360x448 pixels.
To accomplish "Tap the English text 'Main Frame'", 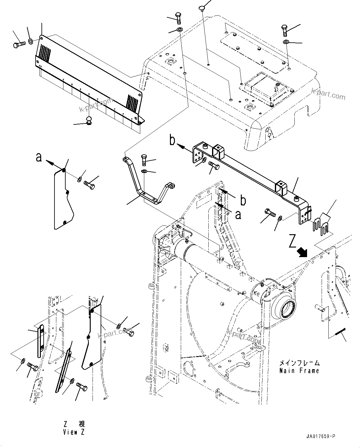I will tap(299, 370).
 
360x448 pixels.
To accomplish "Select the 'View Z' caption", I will tap(73, 432).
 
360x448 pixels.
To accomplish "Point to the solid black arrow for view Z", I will tap(302, 252).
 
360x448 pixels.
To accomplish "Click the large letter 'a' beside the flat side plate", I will tap(38, 157).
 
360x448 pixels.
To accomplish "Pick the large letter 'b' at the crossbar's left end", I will tap(172, 140).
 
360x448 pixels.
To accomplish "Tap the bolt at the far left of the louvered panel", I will tap(19, 45).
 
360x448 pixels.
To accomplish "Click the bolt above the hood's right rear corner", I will tap(285, 30).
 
